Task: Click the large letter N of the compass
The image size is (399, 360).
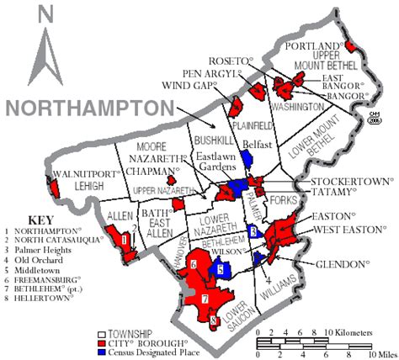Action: coord(45,14)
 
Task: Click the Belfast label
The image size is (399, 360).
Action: coord(256,144)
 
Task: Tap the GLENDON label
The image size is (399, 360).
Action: coord(341,264)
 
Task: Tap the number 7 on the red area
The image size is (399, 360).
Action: coord(204,299)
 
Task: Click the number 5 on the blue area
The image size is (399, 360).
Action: coord(220,269)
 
